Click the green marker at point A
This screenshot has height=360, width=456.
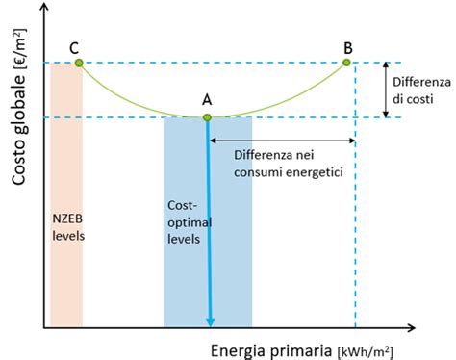pos(207,117)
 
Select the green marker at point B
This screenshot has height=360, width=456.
pos(347,63)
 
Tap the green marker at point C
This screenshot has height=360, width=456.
pos(79,63)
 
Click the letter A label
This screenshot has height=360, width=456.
pos(207,99)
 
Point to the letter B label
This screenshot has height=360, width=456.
pos(347,45)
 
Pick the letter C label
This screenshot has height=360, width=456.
pos(73,45)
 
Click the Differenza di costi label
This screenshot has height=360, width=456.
pos(419,90)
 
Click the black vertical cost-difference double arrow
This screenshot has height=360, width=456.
pos(386,90)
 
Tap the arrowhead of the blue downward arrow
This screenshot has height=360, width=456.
pos(209,321)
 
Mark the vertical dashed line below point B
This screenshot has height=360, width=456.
pos(356,241)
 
